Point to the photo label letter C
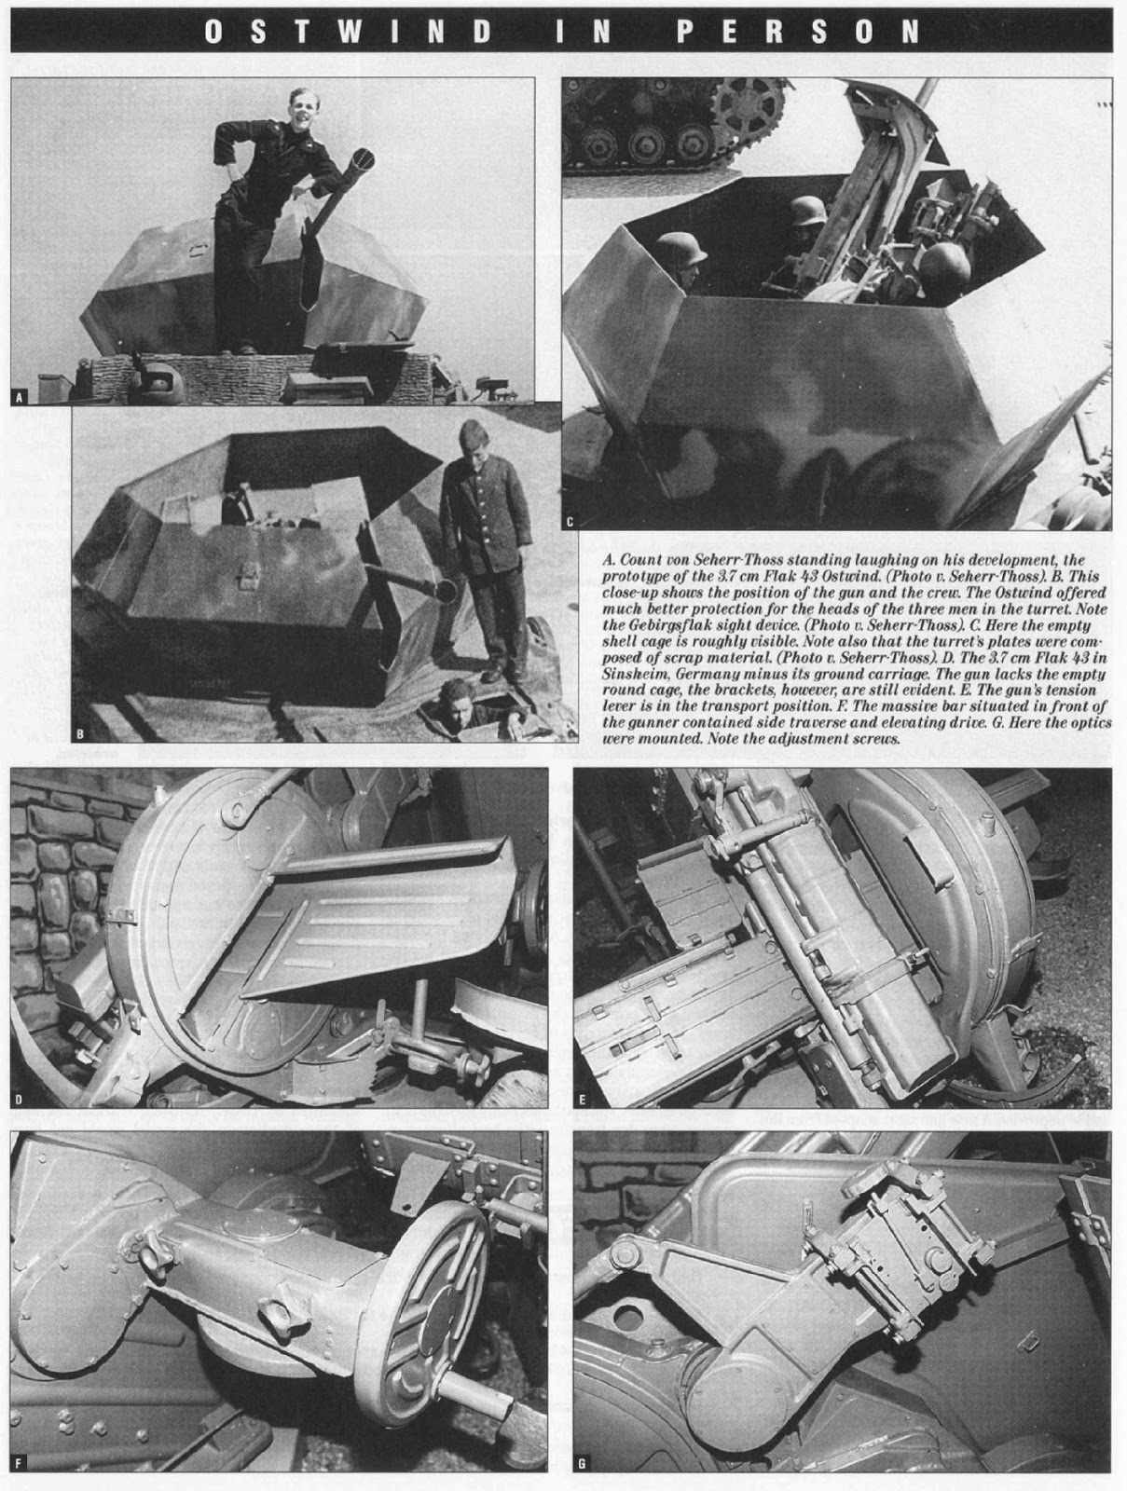570,522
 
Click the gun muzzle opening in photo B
448,589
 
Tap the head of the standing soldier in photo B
471,443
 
